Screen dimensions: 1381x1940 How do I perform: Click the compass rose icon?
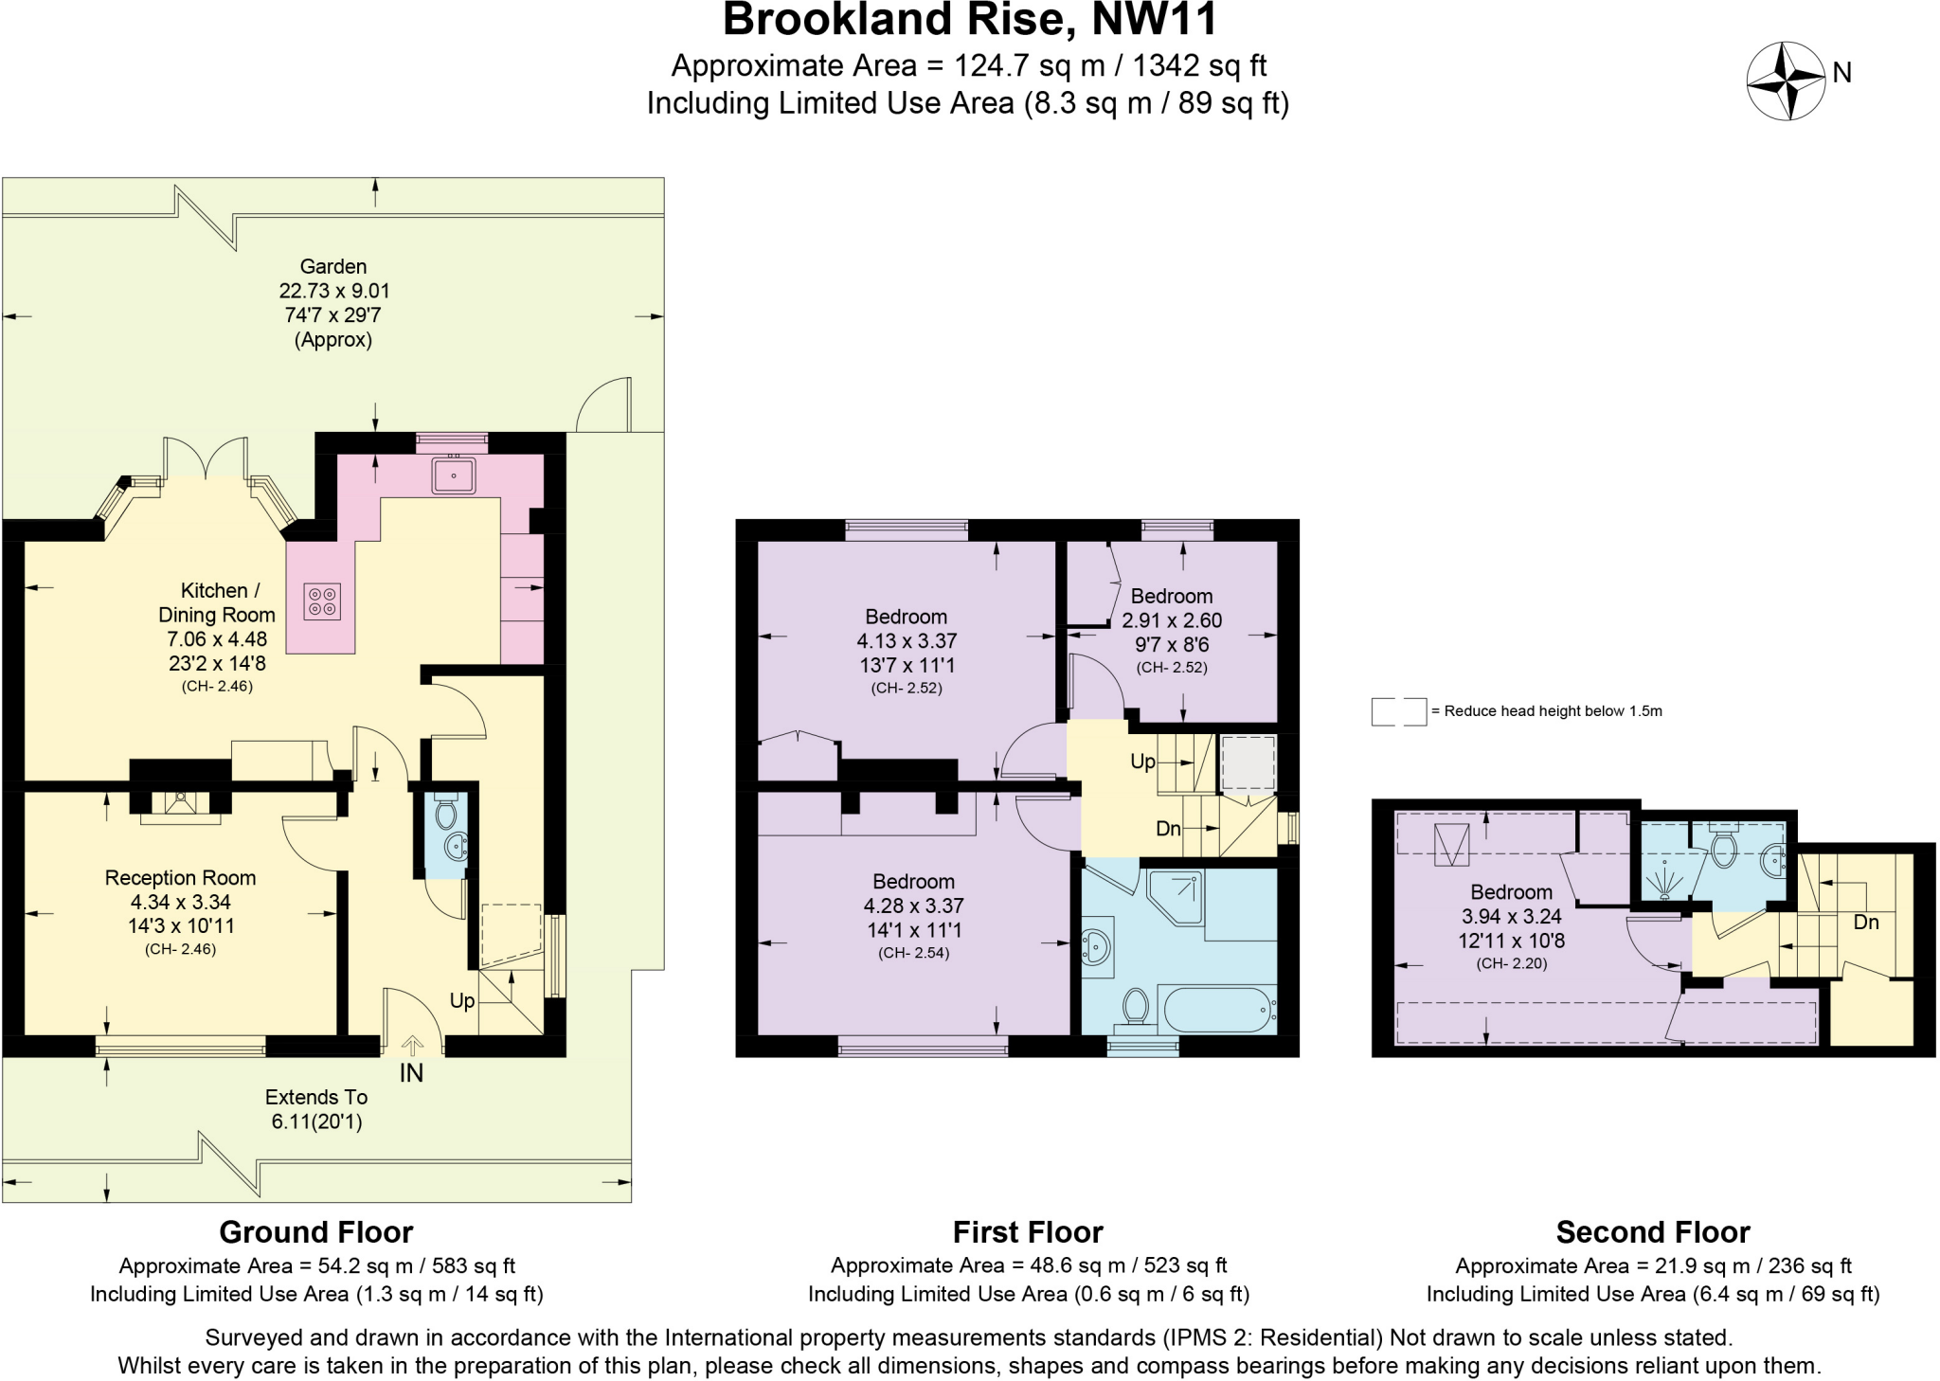pyautogui.click(x=1785, y=81)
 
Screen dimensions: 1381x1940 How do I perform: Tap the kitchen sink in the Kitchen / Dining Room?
pyautogui.click(x=454, y=475)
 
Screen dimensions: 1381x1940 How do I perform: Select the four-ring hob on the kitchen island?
pyautogui.click(x=322, y=601)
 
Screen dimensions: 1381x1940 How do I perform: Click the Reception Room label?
pyautogui.click(x=180, y=878)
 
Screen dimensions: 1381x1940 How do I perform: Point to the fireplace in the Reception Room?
pyautogui.click(x=180, y=803)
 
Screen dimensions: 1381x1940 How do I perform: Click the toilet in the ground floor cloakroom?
pyautogui.click(x=445, y=814)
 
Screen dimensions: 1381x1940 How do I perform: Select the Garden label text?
pyautogui.click(x=332, y=267)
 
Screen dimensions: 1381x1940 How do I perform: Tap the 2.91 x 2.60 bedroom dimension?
pyautogui.click(x=1172, y=620)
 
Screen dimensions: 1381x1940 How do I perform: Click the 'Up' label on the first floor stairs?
pyautogui.click(x=1142, y=762)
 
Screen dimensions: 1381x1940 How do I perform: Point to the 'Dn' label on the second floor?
pyautogui.click(x=1865, y=922)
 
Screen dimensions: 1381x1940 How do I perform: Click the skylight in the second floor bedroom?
pyautogui.click(x=1451, y=845)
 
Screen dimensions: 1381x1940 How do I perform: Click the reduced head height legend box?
pyautogui.click(x=1398, y=711)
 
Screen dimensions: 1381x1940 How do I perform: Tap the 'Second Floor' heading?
pyautogui.click(x=1652, y=1232)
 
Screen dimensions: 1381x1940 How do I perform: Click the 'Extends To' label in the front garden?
pyautogui.click(x=315, y=1098)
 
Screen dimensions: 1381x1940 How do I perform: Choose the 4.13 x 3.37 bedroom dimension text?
pyautogui.click(x=907, y=640)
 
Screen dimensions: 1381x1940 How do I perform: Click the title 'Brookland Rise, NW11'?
pyautogui.click(x=969, y=21)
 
